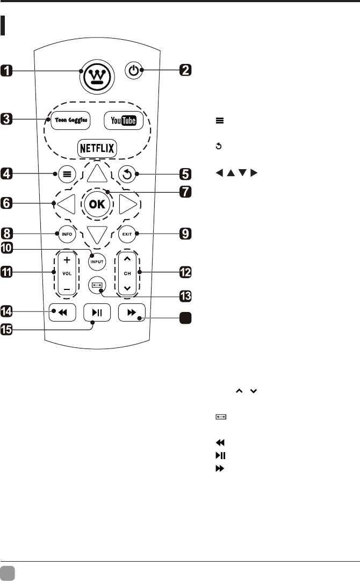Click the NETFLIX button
pyautogui.click(x=97, y=148)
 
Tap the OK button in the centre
pyautogui.click(x=98, y=205)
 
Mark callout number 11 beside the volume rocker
pyautogui.click(x=9, y=273)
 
